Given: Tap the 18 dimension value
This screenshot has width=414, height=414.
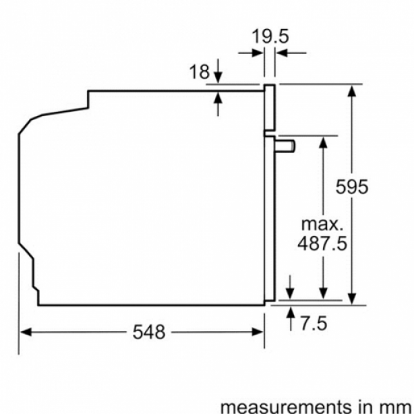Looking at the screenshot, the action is tap(199, 71).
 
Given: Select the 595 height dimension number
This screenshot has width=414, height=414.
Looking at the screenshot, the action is tap(352, 187).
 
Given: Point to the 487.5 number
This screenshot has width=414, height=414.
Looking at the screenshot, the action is tap(322, 243).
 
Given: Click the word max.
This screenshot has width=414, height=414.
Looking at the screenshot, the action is tap(322, 224).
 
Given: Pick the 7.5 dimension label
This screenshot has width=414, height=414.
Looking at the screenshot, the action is tap(314, 323).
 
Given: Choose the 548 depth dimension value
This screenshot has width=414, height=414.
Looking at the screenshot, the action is tap(149, 332).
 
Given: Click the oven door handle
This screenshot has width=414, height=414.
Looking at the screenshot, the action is tap(285, 146).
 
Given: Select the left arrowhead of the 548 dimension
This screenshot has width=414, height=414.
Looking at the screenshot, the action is tap(26, 332).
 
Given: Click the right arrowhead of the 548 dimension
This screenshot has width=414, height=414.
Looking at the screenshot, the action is tap(257, 332).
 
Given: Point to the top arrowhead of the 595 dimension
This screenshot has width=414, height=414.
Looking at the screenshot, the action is tap(352, 90).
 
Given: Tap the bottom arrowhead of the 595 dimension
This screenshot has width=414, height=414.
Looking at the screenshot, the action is tap(352, 299).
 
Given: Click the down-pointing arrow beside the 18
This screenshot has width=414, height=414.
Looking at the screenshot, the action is tap(218, 71).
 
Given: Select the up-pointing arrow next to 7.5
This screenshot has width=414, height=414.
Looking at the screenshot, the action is tap(290, 318).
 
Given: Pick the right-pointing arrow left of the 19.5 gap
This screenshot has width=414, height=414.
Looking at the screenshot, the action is tap(251, 53).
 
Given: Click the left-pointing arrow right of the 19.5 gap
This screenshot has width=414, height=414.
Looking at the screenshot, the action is tap(291, 53).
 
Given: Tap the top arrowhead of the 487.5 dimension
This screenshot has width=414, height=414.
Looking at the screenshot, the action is tap(323, 143).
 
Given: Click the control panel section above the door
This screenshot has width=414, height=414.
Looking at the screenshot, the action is tap(270, 108).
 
